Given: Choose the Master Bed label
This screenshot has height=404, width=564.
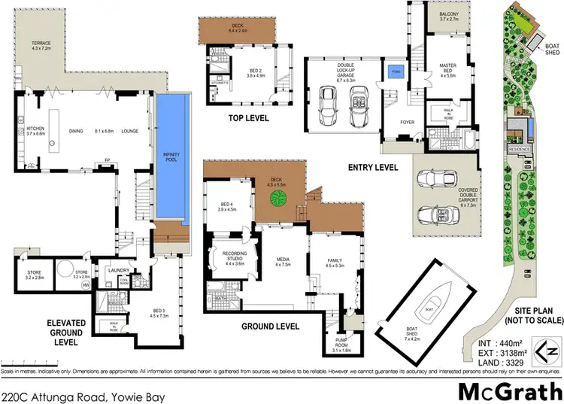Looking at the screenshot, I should pos(448,70).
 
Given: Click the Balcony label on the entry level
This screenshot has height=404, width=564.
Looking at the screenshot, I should pos(448,20).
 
